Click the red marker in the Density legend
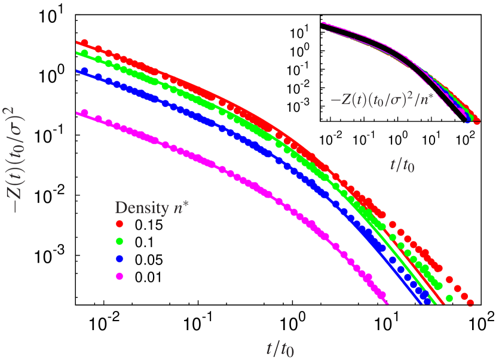point(120,223)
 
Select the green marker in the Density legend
point(120,241)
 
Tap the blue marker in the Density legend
point(120,259)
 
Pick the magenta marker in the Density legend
point(120,276)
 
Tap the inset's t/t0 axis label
point(402,165)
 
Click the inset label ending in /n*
point(389,99)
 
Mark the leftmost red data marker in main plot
point(84,43)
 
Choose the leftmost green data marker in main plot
point(84,53)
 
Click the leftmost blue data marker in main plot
point(84,71)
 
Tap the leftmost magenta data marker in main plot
point(84,113)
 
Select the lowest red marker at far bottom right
point(471,302)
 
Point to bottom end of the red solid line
point(443,303)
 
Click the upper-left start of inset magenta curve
point(323,23)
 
